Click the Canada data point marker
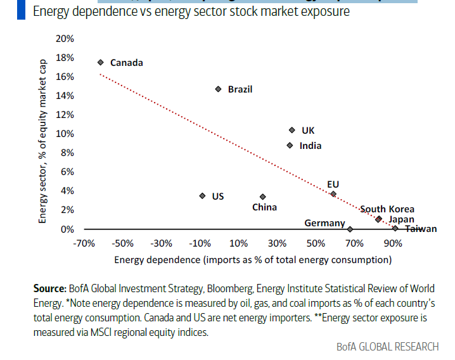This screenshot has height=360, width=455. point(101,62)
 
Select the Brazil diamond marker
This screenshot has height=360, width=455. point(218,89)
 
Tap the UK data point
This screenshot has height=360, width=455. point(292,130)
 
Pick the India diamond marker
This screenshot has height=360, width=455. point(290,145)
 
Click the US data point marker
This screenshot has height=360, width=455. point(202,196)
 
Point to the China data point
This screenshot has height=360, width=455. point(262,196)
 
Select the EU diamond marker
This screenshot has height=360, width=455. point(333,194)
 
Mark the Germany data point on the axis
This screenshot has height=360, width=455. point(350,228)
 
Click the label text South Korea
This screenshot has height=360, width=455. point(387,209)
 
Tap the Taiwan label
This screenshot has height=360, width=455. point(421,229)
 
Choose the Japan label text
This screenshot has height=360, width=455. point(401,219)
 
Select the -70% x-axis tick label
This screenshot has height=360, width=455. point(84,243)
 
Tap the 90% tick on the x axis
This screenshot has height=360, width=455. point(392,243)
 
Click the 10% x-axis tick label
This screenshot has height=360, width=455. point(238,243)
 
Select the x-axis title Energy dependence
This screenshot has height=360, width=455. point(252,260)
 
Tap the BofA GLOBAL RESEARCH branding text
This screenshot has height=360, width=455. point(387,347)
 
